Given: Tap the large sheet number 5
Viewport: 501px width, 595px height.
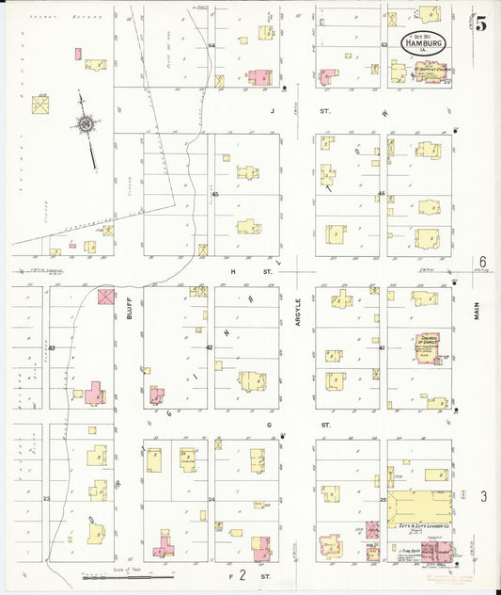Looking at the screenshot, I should tap(480, 25).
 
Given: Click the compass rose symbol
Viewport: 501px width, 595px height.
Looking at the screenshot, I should tap(86, 123).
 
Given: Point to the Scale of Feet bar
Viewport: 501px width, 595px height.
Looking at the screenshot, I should tap(143, 574).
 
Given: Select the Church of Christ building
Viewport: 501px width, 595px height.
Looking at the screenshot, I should tap(428, 348).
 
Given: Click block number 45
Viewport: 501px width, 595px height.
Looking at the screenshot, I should tap(214, 194).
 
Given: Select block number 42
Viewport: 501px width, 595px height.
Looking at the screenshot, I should tap(209, 347).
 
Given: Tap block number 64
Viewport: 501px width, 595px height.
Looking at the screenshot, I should tap(211, 45).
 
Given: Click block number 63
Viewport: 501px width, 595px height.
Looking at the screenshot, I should tap(384, 44).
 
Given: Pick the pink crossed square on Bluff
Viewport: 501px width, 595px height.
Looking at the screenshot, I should tap(105, 296).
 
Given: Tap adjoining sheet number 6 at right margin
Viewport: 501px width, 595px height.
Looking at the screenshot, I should tap(481, 262).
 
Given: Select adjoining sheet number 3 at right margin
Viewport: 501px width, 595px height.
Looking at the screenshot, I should tap(483, 495).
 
